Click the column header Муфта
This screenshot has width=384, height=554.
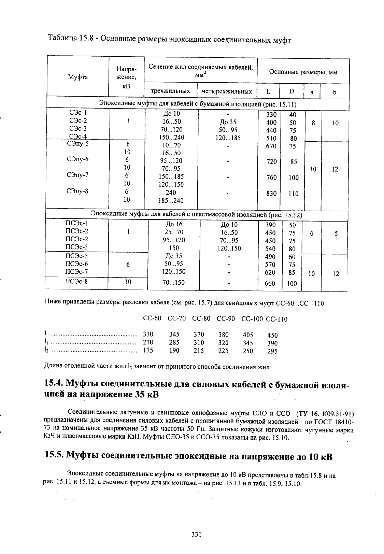(78, 77)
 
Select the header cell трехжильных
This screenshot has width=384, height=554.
(171, 91)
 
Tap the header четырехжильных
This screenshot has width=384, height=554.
(227, 91)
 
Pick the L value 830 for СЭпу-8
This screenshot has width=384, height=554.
(271, 194)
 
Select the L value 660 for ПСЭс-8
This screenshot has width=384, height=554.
(270, 283)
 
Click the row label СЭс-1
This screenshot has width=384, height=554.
(78, 113)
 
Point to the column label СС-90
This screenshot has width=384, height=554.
(226, 319)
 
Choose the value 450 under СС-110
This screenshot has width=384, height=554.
(272, 335)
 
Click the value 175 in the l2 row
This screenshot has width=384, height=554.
(148, 350)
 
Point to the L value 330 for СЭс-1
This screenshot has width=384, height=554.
(271, 115)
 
